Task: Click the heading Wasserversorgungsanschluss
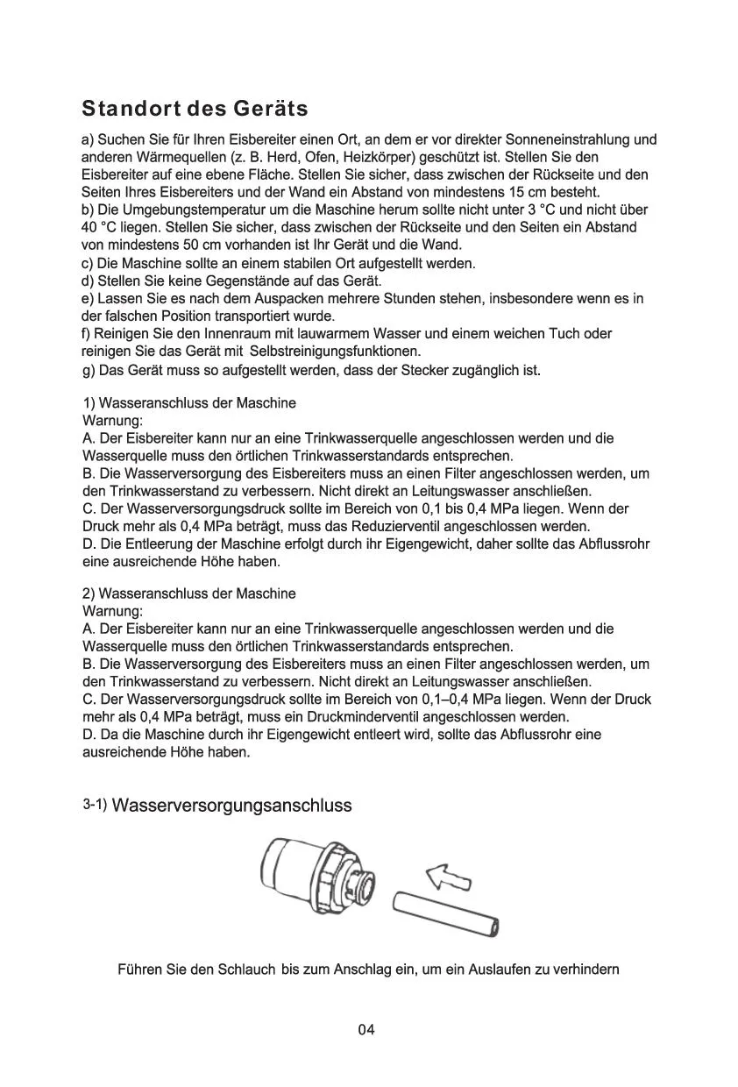232,806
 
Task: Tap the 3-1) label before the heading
95,805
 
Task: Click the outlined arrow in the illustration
447,875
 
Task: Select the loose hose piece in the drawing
447,914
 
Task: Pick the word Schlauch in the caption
251,970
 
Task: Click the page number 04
366,1029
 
